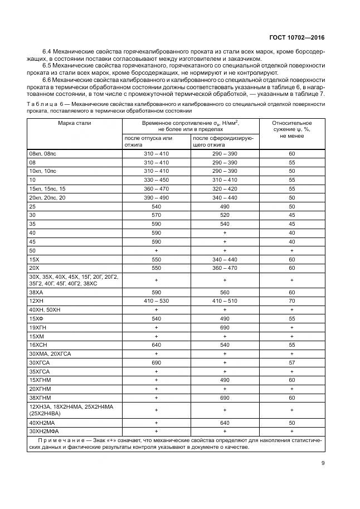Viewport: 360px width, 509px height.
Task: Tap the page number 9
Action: click(x=323, y=462)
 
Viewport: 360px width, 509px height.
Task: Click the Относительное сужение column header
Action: click(x=291, y=129)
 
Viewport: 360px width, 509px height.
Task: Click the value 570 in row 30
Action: click(x=157, y=214)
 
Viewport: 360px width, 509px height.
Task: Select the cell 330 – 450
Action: click(x=157, y=180)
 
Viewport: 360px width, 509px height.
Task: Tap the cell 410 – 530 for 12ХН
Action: click(x=157, y=300)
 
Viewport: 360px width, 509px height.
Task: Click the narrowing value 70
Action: click(x=291, y=300)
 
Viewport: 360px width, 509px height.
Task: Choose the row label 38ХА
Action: click(x=37, y=292)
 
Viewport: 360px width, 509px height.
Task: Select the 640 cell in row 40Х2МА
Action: click(x=225, y=423)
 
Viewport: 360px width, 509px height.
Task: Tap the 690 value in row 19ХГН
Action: click(x=225, y=327)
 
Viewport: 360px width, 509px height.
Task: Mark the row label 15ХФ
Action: click(x=36, y=318)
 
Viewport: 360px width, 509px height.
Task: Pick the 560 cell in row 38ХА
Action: click(x=225, y=292)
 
